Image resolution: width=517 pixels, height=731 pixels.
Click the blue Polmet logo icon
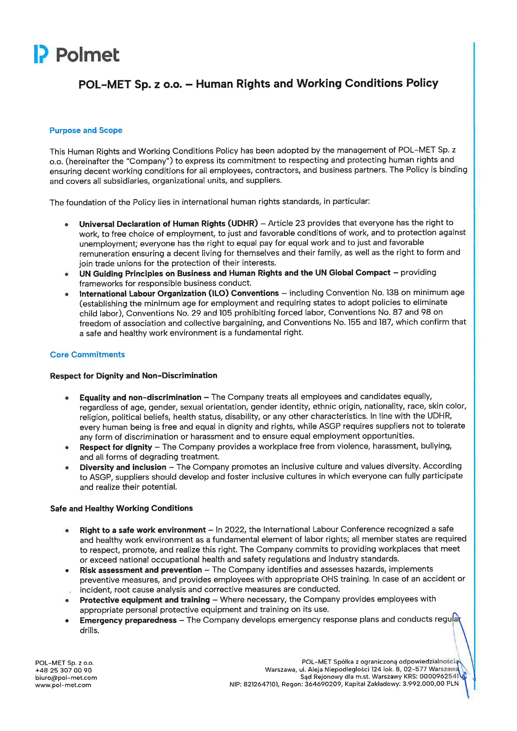point(41,54)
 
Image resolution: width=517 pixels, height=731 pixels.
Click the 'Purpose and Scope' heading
point(86,131)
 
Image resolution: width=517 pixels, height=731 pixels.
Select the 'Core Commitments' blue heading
point(87,355)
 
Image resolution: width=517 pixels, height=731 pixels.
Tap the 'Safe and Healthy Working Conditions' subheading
point(121,509)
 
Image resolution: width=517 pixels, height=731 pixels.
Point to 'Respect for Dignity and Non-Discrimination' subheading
point(133,376)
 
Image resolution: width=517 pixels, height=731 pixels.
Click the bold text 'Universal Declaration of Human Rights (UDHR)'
point(168,224)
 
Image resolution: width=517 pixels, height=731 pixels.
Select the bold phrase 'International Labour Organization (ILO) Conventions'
point(179,293)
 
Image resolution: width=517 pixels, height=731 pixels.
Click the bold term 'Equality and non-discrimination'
point(140,397)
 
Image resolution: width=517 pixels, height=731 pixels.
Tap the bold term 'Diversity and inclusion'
point(123,467)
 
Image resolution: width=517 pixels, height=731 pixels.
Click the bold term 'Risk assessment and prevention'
point(141,570)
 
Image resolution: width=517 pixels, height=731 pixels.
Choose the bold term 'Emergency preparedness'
point(128,620)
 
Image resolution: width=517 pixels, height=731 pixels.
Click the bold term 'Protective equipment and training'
point(144,600)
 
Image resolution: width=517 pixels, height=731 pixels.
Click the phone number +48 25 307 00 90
point(63,670)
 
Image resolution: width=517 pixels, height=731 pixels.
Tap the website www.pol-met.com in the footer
point(63,685)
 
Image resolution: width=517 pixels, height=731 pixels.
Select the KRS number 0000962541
point(439,676)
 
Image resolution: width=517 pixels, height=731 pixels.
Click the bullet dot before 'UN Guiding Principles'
point(67,274)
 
